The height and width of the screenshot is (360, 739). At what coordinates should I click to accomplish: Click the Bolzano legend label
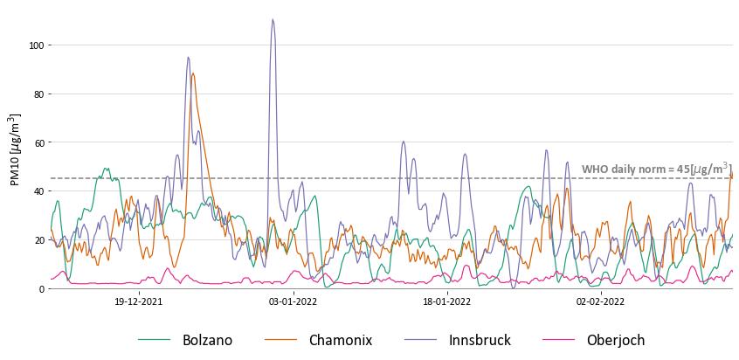pyautogui.click(x=207, y=340)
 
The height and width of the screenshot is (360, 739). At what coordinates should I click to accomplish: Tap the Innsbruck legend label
pyautogui.click(x=480, y=340)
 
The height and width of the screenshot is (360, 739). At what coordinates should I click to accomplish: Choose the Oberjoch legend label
pyautogui.click(x=615, y=340)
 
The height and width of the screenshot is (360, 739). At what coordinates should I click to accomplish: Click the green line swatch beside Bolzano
pyautogui.click(x=155, y=340)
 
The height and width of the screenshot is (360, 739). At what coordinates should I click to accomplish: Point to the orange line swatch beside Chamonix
pyautogui.click(x=280, y=340)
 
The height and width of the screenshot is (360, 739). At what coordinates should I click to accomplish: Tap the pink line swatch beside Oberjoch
pyautogui.click(x=558, y=340)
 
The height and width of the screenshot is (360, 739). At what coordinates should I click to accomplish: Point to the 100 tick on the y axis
pyautogui.click(x=36, y=45)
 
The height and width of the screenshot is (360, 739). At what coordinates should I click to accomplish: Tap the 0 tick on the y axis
pyautogui.click(x=41, y=289)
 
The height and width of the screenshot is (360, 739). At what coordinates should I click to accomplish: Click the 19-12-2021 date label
pyautogui.click(x=139, y=302)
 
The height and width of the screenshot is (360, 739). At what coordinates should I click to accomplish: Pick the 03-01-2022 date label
pyautogui.click(x=293, y=302)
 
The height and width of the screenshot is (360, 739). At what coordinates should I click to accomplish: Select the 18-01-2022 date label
pyautogui.click(x=446, y=302)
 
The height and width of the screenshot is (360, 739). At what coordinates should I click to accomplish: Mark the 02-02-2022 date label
pyautogui.click(x=600, y=302)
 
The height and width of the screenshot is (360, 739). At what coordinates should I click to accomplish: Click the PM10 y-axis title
pyautogui.click(x=14, y=149)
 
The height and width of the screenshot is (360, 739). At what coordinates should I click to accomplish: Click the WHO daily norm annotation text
pyautogui.click(x=656, y=169)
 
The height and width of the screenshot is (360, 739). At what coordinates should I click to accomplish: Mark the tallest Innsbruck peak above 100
pyautogui.click(x=273, y=20)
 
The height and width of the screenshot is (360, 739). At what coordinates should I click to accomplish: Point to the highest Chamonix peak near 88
pyautogui.click(x=193, y=73)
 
